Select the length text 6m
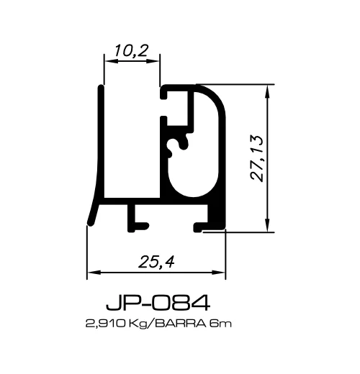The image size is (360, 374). coord(220,324)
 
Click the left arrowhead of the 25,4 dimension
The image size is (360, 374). coord(91,273)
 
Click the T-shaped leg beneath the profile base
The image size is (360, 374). coord(135,220)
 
